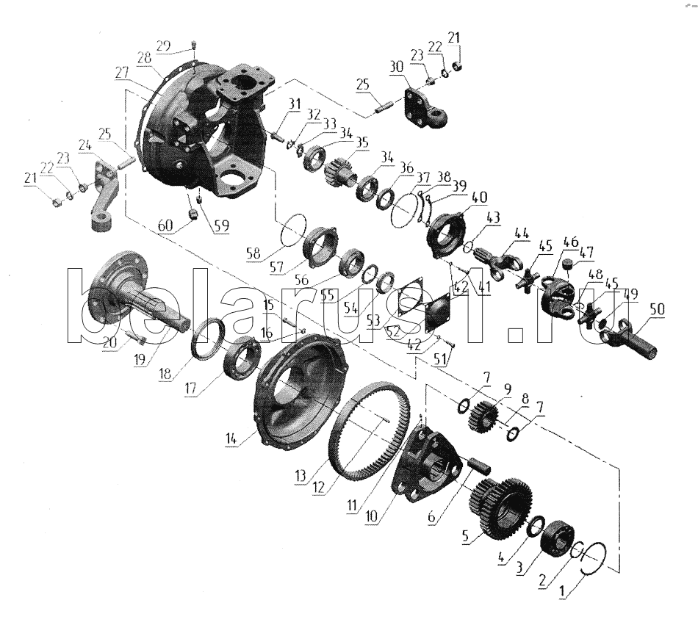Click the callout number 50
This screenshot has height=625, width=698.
(x=657, y=308)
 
